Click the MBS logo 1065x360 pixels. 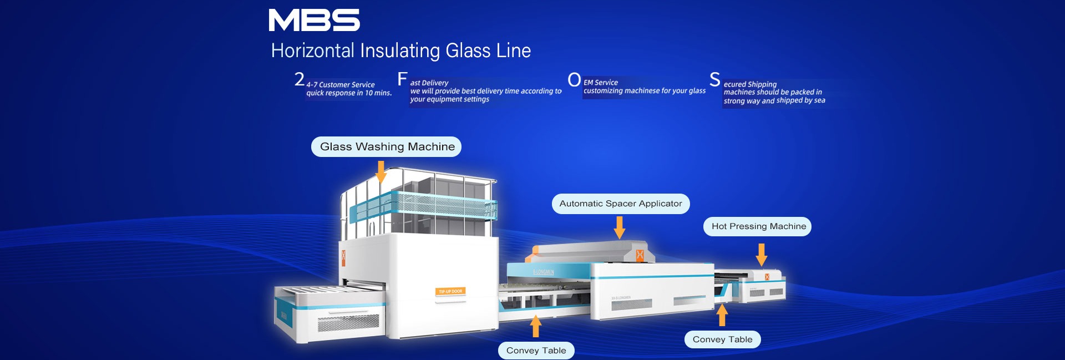(x=314, y=20)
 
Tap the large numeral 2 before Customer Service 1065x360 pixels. (x=300, y=79)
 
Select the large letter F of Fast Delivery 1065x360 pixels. (x=402, y=79)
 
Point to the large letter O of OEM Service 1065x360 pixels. (x=574, y=80)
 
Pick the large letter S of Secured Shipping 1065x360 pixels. (x=715, y=79)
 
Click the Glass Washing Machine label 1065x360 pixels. (x=387, y=146)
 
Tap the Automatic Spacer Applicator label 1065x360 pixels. (x=621, y=204)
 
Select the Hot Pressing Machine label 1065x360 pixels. (x=758, y=226)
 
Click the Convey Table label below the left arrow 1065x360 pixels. (x=536, y=350)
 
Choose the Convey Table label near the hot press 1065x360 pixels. (x=722, y=339)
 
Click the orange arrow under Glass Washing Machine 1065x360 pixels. (x=381, y=172)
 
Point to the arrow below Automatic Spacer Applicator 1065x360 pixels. (x=620, y=227)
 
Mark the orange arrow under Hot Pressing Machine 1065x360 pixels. (x=762, y=255)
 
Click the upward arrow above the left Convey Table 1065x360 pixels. (x=536, y=326)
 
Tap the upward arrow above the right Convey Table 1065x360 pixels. (x=722, y=315)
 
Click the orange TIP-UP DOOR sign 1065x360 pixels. (x=450, y=291)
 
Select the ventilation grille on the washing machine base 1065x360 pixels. (x=348, y=322)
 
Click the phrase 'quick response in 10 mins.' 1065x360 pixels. (x=349, y=93)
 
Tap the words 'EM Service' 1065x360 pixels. (x=601, y=82)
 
